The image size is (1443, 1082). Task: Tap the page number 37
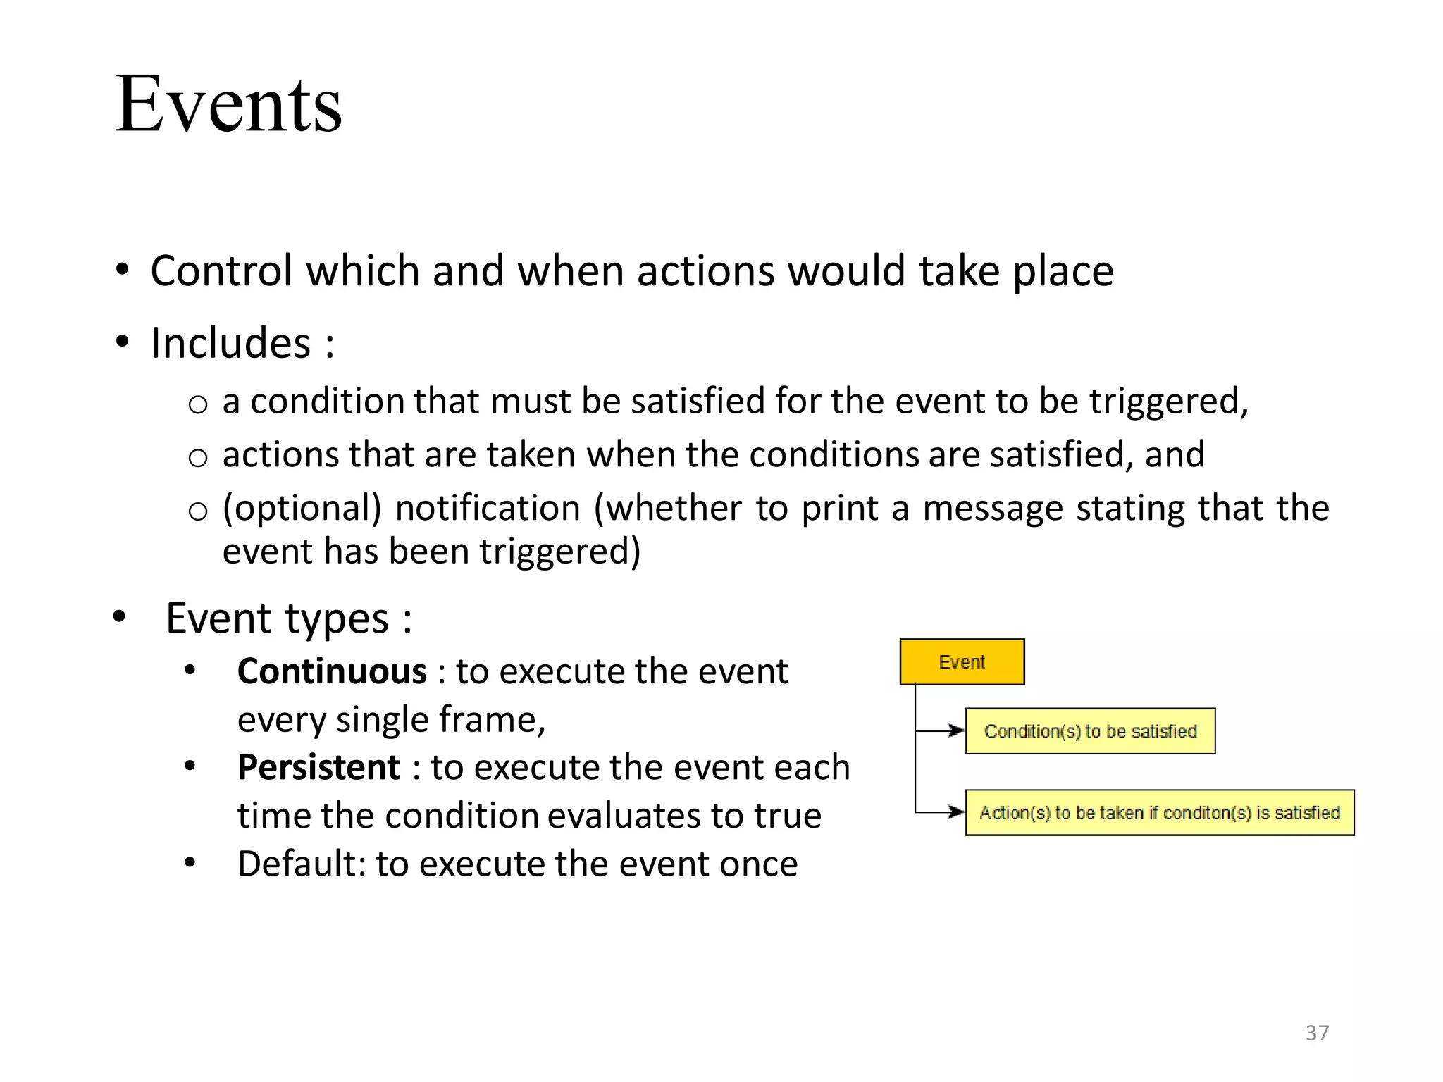1317,1033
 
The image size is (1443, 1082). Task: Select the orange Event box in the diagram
962,662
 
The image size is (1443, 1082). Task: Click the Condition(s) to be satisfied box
1090,731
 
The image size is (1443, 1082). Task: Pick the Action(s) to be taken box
1159,813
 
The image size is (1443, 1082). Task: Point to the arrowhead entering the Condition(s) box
957,731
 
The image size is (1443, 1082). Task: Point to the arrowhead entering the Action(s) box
957,812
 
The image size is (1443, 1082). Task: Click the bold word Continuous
332,671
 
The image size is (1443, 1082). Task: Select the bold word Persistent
318,767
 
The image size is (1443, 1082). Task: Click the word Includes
230,343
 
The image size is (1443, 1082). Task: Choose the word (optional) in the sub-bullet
302,509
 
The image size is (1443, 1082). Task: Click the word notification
488,509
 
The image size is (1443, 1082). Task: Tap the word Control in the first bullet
221,271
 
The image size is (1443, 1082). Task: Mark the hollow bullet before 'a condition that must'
198,404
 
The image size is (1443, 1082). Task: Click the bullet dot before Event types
120,617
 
